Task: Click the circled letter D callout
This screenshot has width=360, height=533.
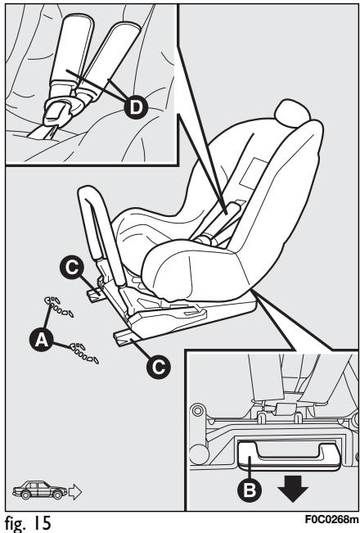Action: pos(136,108)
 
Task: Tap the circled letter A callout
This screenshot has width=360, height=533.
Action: pos(41,339)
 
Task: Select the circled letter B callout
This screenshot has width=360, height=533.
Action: pos(250,490)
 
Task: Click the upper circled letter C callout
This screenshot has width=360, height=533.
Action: pos(72,268)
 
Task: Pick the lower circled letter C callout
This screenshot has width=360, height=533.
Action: pos(158,367)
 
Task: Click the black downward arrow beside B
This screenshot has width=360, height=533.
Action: pos(293,489)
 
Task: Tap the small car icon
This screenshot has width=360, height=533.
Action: pos(40,490)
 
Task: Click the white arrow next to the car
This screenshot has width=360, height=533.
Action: pos(75,491)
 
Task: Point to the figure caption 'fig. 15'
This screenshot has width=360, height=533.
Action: pos(28,522)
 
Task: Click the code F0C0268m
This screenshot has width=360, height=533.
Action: pos(331,520)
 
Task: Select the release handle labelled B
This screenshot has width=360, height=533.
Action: pos(289,455)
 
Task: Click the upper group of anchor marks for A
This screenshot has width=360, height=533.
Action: pos(59,306)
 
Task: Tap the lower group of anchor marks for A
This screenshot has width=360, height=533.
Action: pos(84,353)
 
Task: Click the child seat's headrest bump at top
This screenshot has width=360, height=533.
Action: pos(292,113)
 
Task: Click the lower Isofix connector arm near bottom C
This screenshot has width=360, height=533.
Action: pos(126,338)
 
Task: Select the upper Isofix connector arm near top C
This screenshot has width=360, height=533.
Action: pos(96,293)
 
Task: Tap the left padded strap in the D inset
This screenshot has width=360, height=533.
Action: pos(72,51)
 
